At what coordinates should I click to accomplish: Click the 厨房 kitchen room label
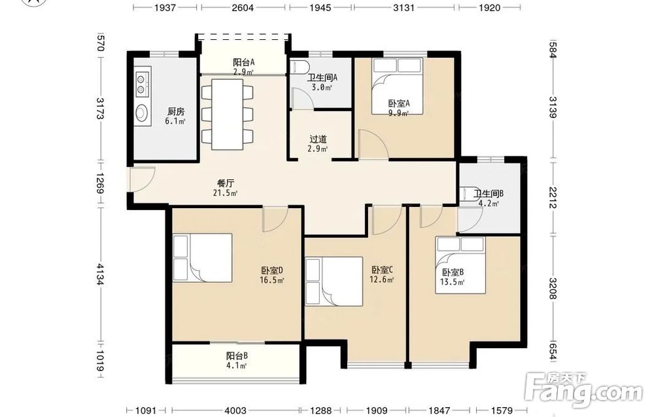coord(175,111)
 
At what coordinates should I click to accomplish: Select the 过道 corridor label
coord(318,139)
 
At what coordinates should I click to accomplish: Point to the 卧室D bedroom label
coord(272,270)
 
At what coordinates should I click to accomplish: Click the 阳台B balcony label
coord(237,356)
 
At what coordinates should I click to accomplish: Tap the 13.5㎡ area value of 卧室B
coord(452,281)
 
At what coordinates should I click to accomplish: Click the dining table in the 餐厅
coord(228,114)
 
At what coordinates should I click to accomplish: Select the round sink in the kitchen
coord(142,113)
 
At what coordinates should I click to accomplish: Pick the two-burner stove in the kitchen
coord(142,84)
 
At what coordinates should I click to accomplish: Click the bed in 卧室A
coord(398,86)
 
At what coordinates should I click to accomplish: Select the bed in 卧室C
coord(334,281)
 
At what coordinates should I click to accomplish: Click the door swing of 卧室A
coord(373,144)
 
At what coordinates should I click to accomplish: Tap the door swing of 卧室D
coord(275,219)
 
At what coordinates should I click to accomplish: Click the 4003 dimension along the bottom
coord(235,410)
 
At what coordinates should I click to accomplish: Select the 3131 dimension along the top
coord(404,7)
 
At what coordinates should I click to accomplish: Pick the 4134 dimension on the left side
coord(99,274)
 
